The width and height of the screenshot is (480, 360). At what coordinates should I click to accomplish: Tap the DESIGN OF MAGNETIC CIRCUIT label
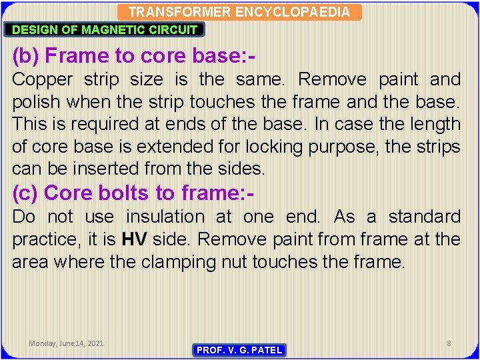tap(105, 29)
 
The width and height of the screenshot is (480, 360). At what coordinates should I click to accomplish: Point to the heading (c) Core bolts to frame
tap(133, 193)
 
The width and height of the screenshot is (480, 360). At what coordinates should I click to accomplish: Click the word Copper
tap(43, 79)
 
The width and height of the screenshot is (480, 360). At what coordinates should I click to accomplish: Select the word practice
tap(45, 239)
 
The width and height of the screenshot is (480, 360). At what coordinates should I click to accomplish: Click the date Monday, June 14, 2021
tap(66, 343)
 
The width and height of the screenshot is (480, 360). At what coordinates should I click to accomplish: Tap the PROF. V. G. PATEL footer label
tap(239, 350)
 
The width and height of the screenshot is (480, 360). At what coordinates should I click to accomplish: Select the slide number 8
tap(449, 343)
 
